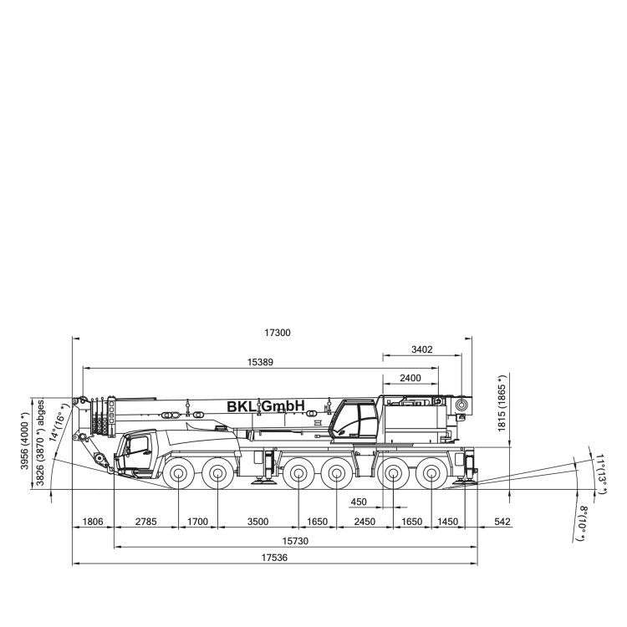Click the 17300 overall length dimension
tap(278, 333)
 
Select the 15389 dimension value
tap(260, 362)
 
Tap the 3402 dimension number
tap(422, 349)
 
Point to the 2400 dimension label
tap(410, 378)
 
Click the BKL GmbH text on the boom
tap(266, 406)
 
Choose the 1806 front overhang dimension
tap(93, 522)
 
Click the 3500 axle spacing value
tap(258, 522)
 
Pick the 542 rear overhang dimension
tap(502, 522)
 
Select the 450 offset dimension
tap(359, 502)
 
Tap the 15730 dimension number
tap(295, 541)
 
